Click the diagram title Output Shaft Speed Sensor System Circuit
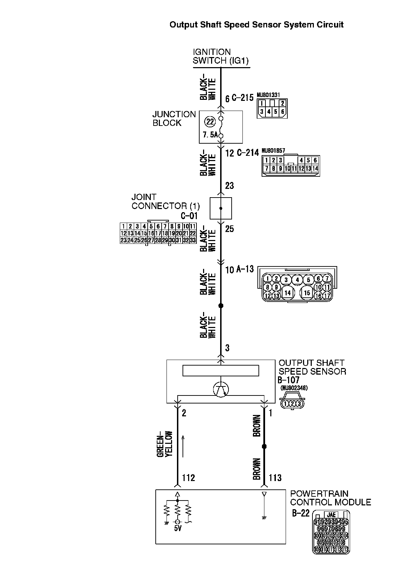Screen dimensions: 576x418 (x=256, y=25)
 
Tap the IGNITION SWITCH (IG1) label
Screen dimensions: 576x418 (x=220, y=56)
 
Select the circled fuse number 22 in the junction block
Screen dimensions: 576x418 (x=210, y=122)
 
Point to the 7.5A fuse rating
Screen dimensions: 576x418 (x=210, y=135)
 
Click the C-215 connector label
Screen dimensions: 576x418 (x=242, y=98)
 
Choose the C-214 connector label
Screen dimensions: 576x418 (x=248, y=153)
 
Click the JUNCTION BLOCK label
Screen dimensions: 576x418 (x=174, y=118)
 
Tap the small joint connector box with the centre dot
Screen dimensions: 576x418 (x=220, y=208)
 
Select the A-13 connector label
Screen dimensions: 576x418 (x=245, y=269)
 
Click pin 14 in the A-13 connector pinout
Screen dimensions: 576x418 (x=287, y=293)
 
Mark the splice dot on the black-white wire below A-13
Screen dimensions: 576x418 (x=220, y=306)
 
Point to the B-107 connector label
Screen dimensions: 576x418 (x=288, y=380)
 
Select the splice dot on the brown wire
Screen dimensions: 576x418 (x=264, y=446)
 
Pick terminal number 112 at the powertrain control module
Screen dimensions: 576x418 (x=188, y=478)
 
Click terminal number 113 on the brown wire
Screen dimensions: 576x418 (x=275, y=478)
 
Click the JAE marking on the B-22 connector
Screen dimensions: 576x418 (x=331, y=514)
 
